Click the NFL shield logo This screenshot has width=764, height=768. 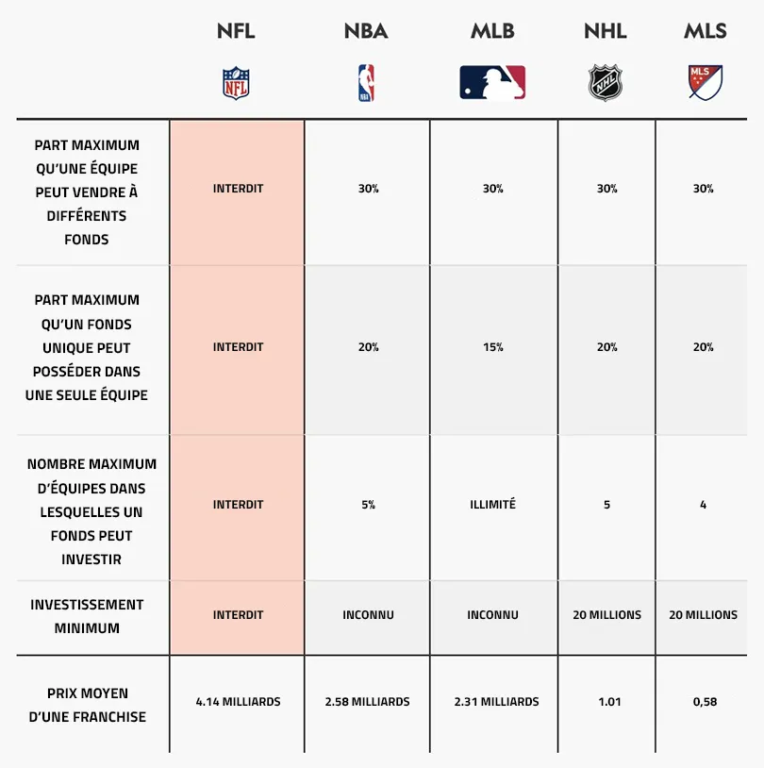237,83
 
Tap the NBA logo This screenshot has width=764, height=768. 366,83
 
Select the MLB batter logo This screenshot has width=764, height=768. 492,83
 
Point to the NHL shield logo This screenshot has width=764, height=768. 606,83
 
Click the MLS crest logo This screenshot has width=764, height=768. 705,83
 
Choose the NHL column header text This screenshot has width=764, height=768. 606,31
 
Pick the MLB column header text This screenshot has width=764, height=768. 492,31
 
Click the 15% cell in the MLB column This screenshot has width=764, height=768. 492,347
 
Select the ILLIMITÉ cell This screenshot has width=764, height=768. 492,505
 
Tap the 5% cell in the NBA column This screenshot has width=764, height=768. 368,505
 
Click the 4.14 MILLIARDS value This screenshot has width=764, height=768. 238,702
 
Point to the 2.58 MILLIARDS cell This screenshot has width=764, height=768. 367,702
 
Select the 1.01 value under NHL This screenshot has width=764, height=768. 606,702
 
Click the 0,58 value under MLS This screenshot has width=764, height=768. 703,702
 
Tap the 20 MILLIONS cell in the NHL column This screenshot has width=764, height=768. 606,615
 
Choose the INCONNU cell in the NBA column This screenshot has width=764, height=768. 368,615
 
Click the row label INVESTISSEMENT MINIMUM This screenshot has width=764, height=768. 87,616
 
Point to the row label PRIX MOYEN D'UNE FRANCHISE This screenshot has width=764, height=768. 87,705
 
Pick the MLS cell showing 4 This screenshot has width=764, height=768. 703,505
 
